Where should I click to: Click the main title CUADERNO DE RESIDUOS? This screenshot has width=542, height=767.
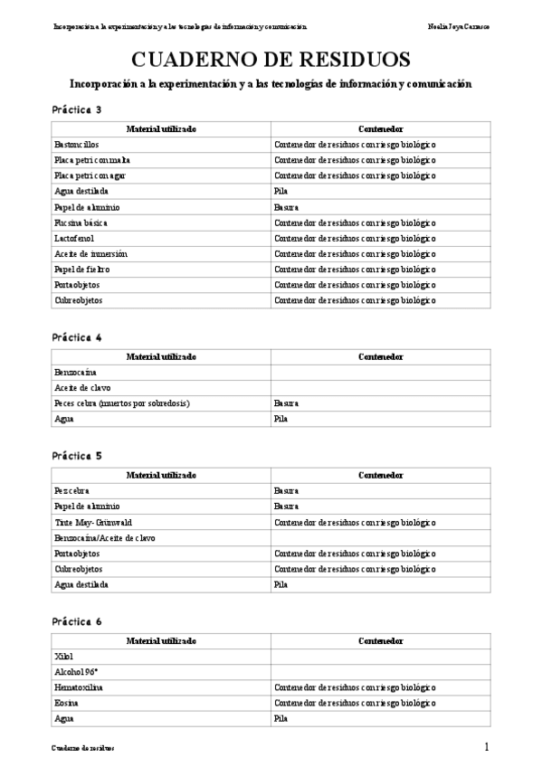pos(271,60)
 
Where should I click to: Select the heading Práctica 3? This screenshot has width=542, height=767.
pos(77,109)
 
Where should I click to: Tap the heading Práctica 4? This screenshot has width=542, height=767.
pos(77,337)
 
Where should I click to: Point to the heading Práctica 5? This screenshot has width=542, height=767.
pos(77,456)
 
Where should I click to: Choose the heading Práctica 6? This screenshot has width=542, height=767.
pos(77,622)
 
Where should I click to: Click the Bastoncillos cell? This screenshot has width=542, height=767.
pos(77,144)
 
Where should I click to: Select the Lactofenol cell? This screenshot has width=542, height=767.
pos(71,238)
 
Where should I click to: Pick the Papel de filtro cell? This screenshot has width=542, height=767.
pos(81,270)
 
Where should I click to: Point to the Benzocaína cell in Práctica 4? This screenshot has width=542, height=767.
pos(75,372)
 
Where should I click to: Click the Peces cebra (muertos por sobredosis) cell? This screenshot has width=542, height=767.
pos(121,402)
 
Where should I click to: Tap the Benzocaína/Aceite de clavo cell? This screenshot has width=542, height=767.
pos(104,537)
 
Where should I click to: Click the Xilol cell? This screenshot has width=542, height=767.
pos(63,656)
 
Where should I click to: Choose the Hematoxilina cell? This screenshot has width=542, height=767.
pos(79,687)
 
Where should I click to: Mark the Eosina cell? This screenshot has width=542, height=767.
pos(66,703)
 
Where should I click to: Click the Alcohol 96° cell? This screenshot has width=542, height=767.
pos(75,672)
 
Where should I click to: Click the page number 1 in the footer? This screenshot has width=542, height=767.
pos(487,747)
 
